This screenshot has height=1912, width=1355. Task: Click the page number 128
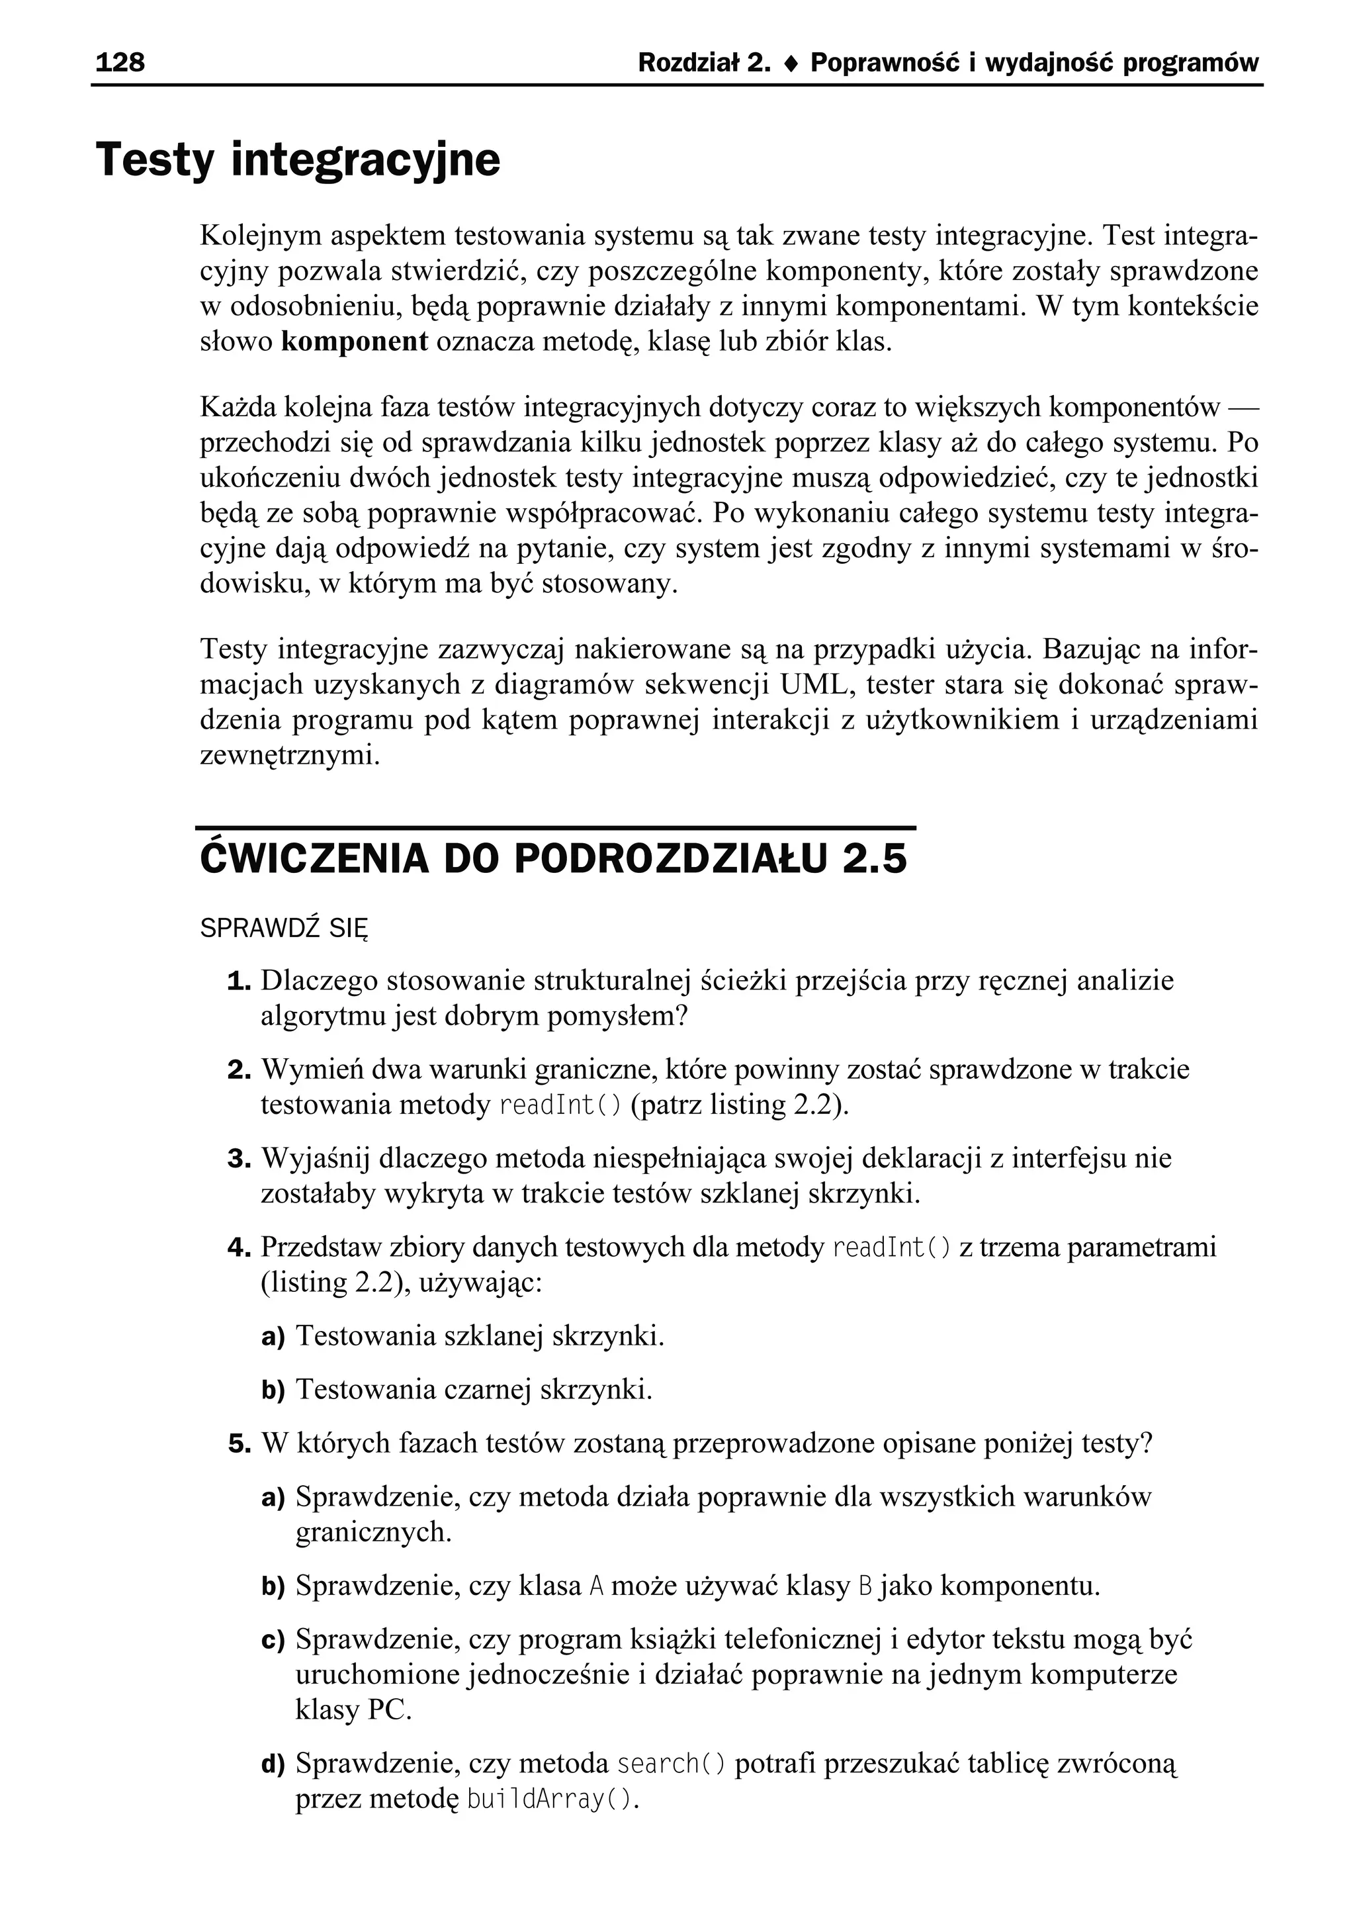point(120,63)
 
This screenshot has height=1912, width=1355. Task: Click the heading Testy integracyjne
point(298,160)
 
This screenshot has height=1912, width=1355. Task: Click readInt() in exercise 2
point(560,1105)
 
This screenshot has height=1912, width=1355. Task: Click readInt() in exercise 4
point(892,1248)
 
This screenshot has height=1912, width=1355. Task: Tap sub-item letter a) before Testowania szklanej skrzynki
point(273,1337)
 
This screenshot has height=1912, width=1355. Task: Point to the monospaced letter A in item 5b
point(595,1586)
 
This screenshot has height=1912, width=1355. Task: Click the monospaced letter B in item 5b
point(864,1586)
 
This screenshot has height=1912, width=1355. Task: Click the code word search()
point(671,1764)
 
